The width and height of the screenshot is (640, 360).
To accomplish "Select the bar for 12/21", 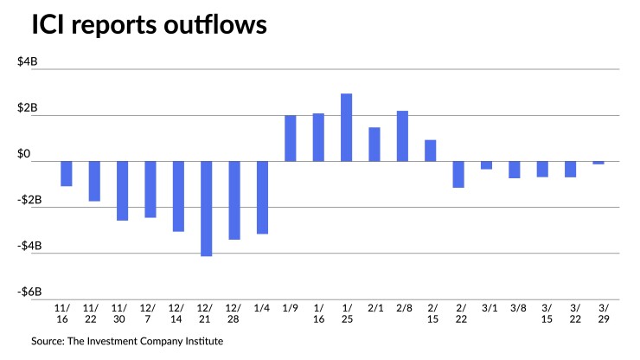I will point(206,209).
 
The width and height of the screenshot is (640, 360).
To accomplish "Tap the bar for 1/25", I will point(346,127).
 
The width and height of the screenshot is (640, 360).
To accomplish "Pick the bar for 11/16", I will point(67,174).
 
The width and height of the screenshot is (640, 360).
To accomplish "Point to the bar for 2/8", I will point(402,136).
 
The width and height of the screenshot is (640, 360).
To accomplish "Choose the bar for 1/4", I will point(262,197).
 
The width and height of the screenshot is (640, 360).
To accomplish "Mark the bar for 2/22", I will point(458,174).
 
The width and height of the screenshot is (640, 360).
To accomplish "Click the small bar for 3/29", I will point(598,163).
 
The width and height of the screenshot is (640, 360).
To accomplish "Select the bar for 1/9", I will point(291,138).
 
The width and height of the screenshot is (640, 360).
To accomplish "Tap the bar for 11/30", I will point(122,190).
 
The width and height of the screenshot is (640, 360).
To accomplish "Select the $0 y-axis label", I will point(42,155).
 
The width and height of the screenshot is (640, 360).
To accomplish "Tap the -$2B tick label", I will point(38,201).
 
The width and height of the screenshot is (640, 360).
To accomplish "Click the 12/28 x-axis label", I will point(234,313).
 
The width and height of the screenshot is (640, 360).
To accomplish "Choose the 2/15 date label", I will point(431,313).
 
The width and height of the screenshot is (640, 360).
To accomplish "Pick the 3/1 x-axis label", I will point(487,307).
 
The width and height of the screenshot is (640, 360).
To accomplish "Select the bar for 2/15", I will point(431,151).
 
